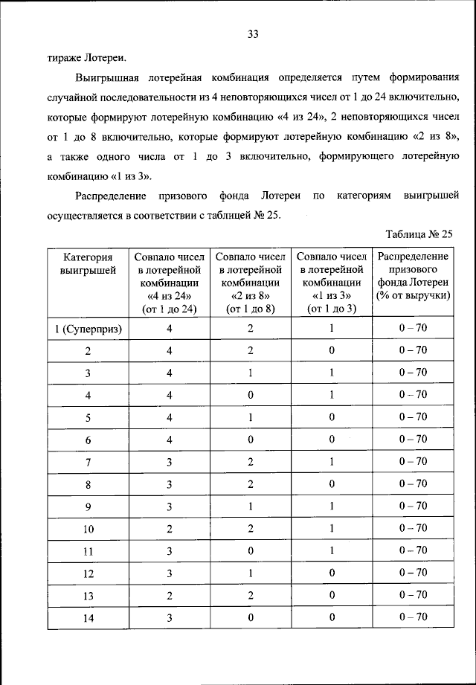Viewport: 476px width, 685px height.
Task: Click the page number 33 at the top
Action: tap(252, 33)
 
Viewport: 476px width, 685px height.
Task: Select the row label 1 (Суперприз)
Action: tap(88, 328)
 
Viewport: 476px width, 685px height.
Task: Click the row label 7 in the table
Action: tap(88, 462)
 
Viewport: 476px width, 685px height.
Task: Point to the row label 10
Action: tap(88, 529)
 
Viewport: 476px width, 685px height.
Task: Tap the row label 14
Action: tap(88, 617)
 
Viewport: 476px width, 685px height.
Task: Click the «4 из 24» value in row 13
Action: tap(169, 595)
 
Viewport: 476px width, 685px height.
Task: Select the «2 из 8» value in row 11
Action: tap(250, 550)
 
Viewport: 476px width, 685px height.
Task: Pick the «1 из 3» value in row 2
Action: tap(331, 350)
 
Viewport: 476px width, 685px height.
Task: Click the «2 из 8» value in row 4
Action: tap(250, 395)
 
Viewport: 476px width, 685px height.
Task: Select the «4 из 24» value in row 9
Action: tap(169, 506)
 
